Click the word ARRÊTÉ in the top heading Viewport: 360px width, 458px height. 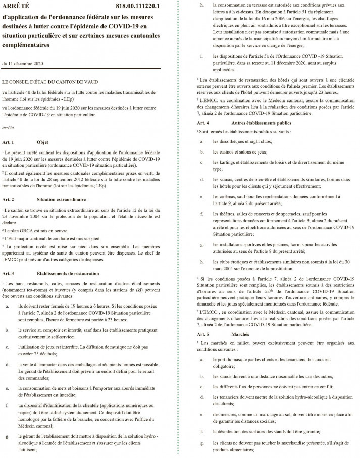coord(16,6)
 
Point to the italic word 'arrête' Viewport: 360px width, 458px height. coord(8,128)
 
